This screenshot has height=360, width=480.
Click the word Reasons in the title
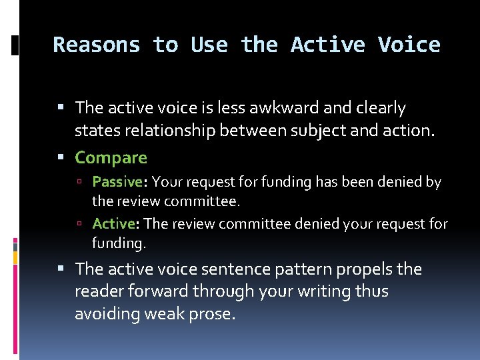[x=97, y=45]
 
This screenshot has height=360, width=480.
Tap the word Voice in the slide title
[x=409, y=45]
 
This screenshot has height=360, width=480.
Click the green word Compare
[x=111, y=157]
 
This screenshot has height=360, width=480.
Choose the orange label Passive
[x=117, y=181]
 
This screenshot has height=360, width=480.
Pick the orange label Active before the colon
[x=114, y=223]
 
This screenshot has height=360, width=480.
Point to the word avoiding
[x=104, y=314]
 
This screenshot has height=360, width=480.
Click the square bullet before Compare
[x=65, y=158]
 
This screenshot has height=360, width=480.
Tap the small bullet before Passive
[x=85, y=182]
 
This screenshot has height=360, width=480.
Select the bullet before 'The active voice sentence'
[x=65, y=269]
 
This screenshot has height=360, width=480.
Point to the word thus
[x=372, y=291]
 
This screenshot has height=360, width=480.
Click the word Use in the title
[x=209, y=45]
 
